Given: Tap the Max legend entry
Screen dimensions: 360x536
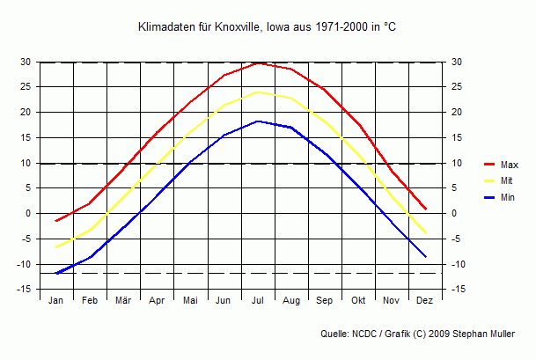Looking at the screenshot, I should (x=509, y=165).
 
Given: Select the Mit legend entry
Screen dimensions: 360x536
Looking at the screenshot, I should (x=506, y=181).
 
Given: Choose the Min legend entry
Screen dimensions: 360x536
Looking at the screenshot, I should (x=507, y=198).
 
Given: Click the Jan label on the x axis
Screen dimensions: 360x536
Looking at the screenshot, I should (x=56, y=301).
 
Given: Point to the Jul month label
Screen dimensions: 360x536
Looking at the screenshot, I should (x=258, y=301).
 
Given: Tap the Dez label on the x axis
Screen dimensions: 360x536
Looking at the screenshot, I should (x=425, y=301).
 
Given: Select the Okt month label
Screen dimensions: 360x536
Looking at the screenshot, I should (x=358, y=301).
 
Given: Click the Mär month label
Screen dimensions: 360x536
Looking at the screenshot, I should (x=123, y=301).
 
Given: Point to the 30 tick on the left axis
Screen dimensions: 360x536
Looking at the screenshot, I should (x=26, y=62).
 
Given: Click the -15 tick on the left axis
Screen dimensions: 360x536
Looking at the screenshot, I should (x=25, y=290).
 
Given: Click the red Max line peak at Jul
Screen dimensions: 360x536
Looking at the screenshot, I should (x=258, y=62).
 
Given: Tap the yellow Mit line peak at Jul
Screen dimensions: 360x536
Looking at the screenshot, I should (x=258, y=92).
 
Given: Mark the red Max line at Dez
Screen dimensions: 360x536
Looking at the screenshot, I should (x=425, y=209).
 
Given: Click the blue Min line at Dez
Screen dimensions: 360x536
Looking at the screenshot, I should (x=425, y=256).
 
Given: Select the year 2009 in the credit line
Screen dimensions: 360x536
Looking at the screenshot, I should (x=452, y=334).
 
